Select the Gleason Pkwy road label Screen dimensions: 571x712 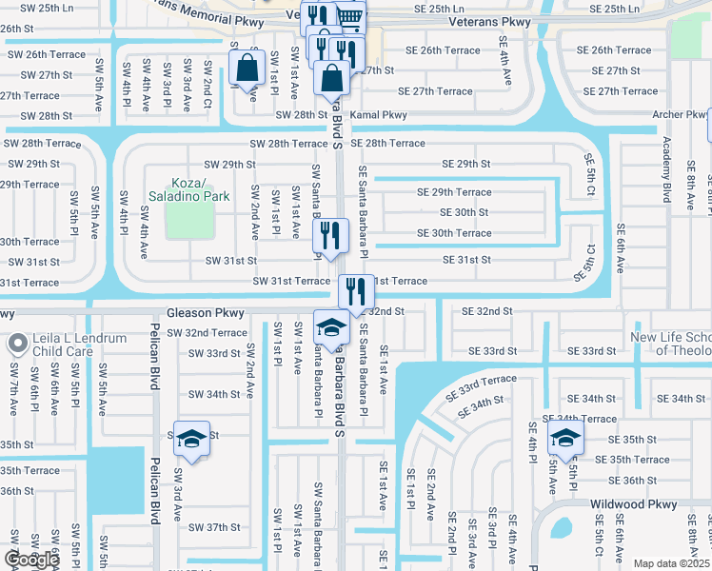206,312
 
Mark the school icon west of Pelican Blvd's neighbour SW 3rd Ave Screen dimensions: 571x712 191,438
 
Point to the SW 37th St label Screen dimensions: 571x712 214,527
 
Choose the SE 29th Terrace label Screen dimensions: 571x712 454,192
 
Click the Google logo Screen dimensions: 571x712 30,560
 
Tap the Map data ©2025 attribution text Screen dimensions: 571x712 672,563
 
